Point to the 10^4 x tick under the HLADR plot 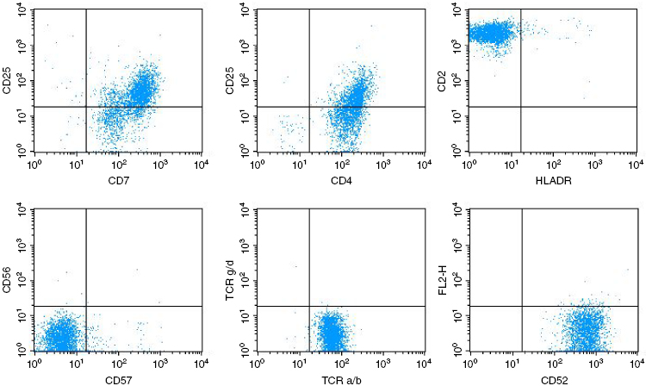(633, 163)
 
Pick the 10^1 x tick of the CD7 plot (76, 163)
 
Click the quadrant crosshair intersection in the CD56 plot (87, 306)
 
